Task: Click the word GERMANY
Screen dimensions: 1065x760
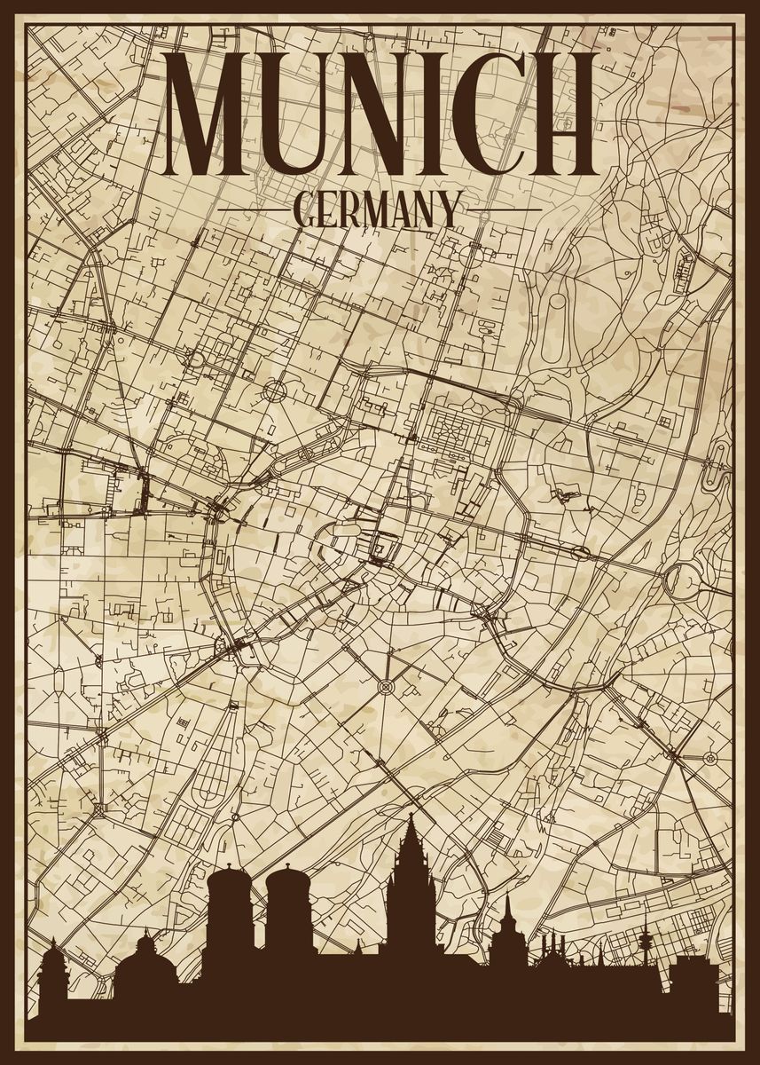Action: pos(378,210)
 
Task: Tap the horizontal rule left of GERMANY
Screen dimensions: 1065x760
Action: pos(253,210)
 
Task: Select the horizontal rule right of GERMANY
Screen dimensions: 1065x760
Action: pos(503,210)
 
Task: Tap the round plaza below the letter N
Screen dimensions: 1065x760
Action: pos(275,390)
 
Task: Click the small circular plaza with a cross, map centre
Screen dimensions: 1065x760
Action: pos(386,686)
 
